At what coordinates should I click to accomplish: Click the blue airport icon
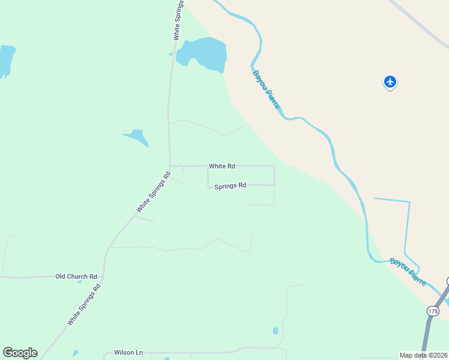390,81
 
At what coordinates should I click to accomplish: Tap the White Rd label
221,166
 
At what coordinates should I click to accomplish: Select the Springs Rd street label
230,185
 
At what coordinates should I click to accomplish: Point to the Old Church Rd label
76,276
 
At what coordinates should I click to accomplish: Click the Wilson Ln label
128,353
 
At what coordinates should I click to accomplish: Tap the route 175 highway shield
433,311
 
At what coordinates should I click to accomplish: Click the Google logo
20,353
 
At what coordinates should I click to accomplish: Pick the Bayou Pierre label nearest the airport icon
266,90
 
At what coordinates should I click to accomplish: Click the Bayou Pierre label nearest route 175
408,271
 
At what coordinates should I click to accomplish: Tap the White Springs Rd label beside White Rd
154,192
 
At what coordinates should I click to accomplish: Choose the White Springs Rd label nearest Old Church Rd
84,304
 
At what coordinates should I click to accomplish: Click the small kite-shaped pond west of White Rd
137,137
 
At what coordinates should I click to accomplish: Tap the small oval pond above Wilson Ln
276,331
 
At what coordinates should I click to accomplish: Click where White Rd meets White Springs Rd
170,166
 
